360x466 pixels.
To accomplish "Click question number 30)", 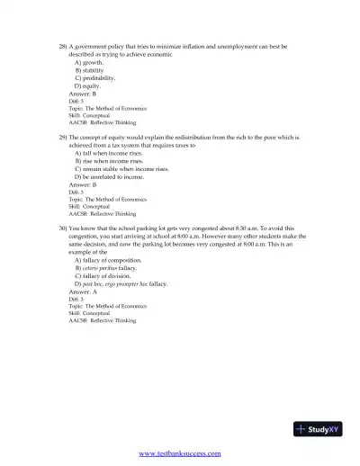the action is tap(62, 229).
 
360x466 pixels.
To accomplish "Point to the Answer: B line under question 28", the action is tap(83, 94).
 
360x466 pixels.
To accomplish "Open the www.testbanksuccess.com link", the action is tap(181, 454).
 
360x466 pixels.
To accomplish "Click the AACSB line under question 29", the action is tap(102, 214).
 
